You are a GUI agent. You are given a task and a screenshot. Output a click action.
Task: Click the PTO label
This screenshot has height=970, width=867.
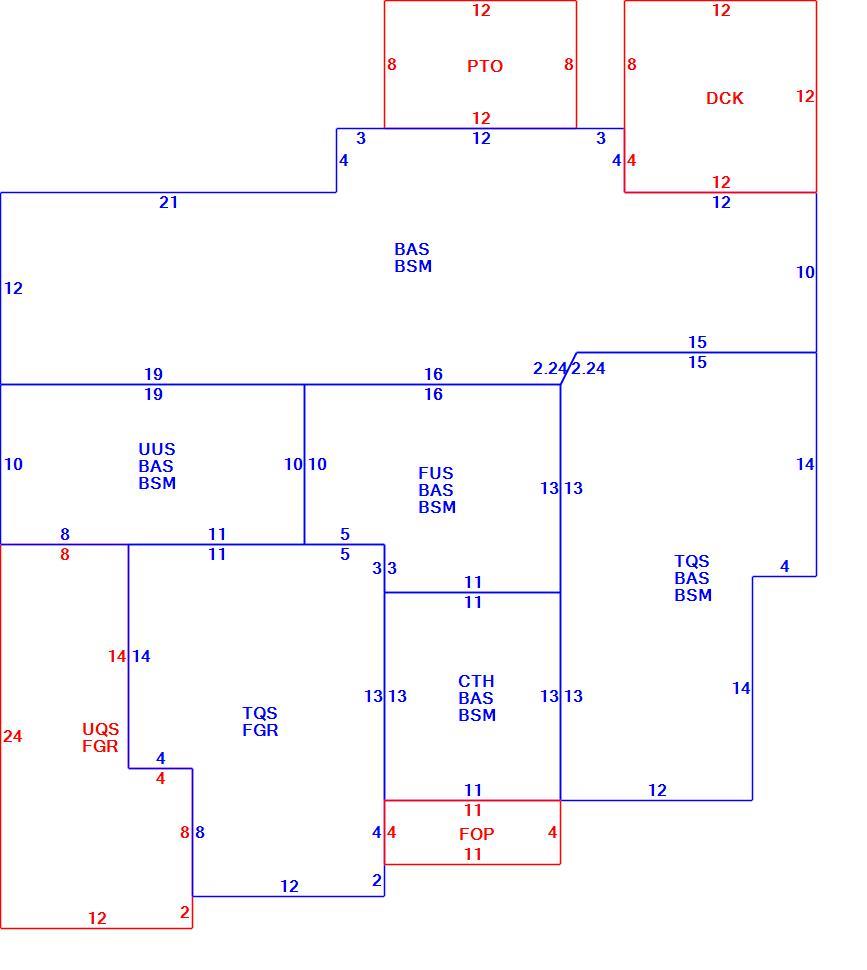(485, 66)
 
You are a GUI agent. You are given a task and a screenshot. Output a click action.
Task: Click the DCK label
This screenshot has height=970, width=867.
(725, 98)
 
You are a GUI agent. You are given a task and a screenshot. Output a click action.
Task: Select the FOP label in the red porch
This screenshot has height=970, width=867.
(477, 834)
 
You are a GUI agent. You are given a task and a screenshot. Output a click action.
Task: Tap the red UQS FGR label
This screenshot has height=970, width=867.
(100, 737)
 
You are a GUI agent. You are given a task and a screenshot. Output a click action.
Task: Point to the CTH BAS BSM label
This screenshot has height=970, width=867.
(477, 698)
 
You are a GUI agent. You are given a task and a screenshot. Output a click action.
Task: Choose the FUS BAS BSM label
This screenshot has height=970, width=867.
(437, 490)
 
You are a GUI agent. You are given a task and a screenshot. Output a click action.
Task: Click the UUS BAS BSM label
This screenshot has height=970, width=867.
(157, 466)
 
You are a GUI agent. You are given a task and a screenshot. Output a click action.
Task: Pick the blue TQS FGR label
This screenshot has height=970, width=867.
(260, 721)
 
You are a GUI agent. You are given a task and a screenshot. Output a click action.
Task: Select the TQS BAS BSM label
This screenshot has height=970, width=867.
(693, 578)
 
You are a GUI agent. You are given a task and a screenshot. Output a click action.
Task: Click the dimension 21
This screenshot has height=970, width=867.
(169, 202)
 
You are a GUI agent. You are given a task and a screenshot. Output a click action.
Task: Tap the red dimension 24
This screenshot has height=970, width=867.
(12, 736)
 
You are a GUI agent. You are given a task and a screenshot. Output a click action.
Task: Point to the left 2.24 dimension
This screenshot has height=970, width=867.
(550, 369)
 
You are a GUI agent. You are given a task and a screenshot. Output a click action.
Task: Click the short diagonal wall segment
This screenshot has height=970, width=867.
(569, 369)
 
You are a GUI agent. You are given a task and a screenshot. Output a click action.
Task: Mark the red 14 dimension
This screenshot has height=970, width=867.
(117, 656)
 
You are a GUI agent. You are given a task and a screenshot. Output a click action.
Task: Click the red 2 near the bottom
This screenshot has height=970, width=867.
(184, 912)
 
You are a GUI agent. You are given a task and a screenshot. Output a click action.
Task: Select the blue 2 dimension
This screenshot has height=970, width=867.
(377, 880)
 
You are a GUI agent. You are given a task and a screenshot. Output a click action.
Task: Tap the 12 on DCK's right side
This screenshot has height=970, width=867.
(805, 97)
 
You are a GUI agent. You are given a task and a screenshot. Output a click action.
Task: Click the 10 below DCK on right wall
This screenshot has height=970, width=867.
(805, 272)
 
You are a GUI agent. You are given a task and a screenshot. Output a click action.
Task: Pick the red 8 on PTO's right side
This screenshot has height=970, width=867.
(568, 64)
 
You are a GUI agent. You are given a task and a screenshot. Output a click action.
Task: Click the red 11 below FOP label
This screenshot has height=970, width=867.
(473, 854)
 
